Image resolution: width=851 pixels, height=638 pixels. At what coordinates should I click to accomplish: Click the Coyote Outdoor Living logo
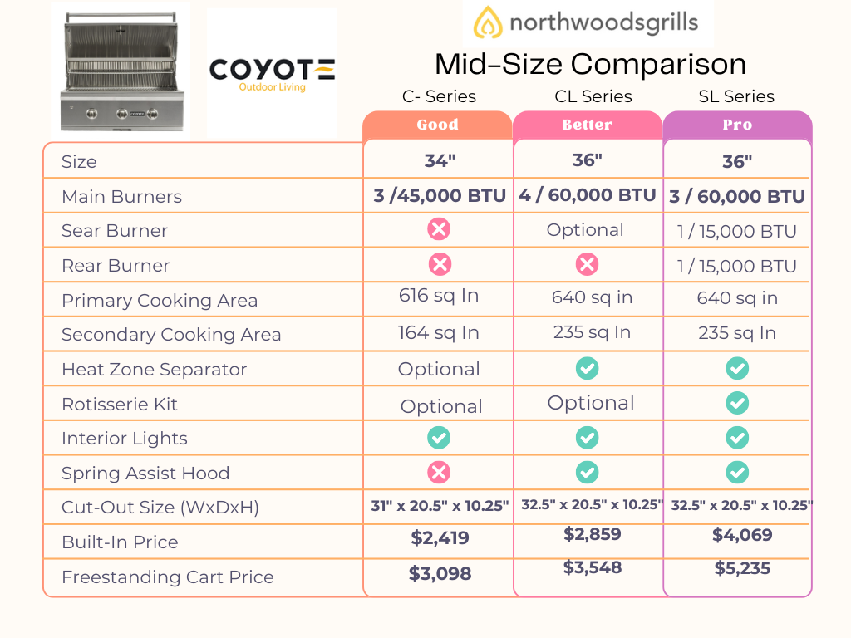click(272, 73)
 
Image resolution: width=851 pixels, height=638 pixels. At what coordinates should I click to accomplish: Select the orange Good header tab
click(437, 125)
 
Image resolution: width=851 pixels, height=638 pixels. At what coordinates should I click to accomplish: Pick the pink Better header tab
click(587, 125)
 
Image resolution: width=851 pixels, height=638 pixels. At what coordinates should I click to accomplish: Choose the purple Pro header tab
click(736, 125)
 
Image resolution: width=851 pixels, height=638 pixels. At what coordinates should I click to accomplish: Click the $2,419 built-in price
click(440, 537)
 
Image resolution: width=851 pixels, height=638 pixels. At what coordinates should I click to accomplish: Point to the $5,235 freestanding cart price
click(742, 568)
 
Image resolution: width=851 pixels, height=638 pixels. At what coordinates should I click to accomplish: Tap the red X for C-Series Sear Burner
click(439, 230)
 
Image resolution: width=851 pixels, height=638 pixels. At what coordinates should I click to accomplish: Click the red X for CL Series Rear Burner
click(587, 264)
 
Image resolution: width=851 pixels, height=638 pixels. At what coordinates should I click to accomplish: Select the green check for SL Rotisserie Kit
click(736, 403)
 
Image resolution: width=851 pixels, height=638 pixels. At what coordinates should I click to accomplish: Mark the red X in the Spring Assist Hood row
click(439, 472)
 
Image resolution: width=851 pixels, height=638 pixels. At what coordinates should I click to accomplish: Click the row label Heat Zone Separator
click(154, 369)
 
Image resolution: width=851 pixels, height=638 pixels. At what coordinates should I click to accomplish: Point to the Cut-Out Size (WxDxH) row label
click(160, 508)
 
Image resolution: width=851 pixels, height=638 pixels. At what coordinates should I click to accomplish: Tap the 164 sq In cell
click(438, 332)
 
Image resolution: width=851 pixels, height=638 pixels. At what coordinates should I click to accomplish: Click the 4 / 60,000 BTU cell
click(588, 195)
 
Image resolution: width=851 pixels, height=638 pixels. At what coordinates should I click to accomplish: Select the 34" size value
click(439, 160)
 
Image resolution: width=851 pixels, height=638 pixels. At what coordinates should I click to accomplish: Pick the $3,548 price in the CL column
click(592, 567)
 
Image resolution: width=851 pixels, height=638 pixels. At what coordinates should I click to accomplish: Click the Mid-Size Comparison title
click(590, 64)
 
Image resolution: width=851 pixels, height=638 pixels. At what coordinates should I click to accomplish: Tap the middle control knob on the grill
click(122, 112)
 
